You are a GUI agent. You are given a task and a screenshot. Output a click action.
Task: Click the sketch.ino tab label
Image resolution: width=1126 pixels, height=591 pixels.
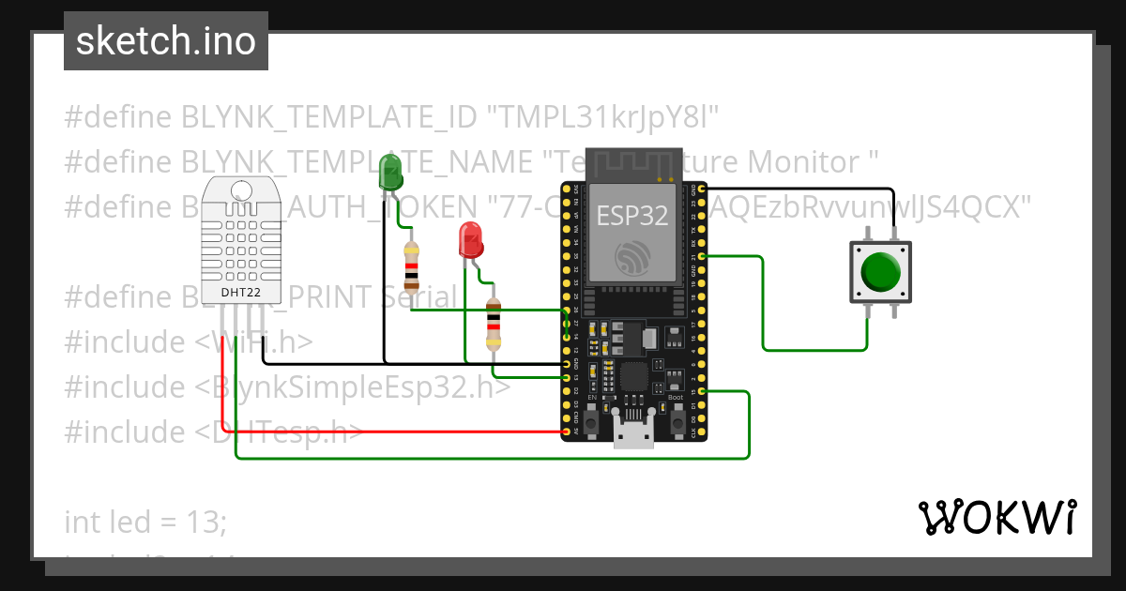(x=165, y=41)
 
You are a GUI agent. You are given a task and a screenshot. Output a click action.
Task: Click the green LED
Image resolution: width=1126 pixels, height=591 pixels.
(x=390, y=174)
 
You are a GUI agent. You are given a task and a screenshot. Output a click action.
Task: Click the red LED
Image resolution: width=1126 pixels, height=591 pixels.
(x=470, y=240)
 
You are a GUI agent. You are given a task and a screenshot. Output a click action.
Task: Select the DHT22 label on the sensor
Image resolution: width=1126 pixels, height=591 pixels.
(x=240, y=293)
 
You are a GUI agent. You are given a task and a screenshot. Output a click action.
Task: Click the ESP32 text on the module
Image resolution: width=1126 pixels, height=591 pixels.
(x=632, y=216)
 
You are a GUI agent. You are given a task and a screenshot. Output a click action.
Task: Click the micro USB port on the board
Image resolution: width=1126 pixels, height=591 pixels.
(x=633, y=435)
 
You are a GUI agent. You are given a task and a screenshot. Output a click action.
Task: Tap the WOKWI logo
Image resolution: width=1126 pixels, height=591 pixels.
(x=997, y=517)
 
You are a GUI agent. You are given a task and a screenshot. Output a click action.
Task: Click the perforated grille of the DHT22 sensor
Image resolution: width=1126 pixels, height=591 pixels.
(x=240, y=235)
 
